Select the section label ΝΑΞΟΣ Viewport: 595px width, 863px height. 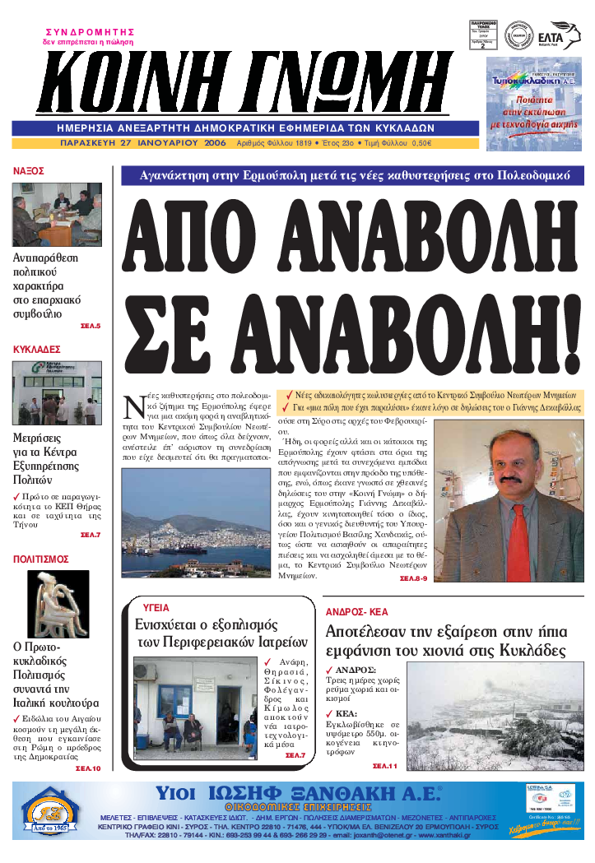[29, 171]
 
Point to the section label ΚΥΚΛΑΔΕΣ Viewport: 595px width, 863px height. [37, 350]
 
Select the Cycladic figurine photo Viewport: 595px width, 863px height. [58, 604]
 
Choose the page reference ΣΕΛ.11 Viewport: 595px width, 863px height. [384, 766]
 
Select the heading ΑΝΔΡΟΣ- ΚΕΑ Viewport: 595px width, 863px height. [356, 613]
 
